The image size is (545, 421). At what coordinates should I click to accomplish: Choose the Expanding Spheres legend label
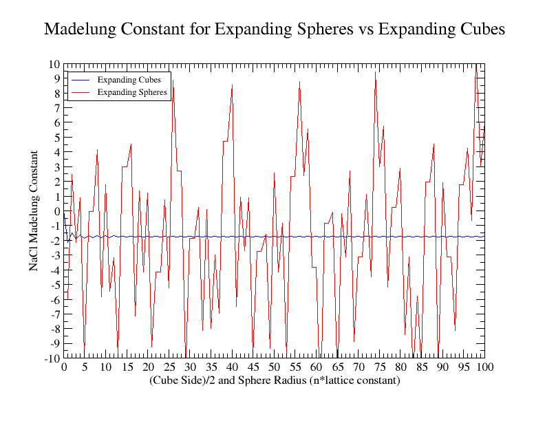pos(132,91)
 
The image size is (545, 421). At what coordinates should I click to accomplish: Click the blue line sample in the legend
pos(81,80)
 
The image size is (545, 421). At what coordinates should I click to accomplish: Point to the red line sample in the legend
pos(81,91)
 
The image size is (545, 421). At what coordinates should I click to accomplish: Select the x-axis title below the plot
pos(274,380)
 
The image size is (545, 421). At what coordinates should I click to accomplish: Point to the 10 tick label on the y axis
pos(54,64)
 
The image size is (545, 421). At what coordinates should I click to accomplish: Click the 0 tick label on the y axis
pos(57,211)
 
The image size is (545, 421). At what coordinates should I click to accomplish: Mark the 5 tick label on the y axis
pos(57,138)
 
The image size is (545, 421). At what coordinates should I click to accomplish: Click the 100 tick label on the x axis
pos(484,367)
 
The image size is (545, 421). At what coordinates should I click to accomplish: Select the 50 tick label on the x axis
pos(275,367)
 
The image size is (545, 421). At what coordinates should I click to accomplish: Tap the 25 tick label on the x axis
pos(169,367)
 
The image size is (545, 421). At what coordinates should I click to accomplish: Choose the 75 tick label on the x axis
pos(379,367)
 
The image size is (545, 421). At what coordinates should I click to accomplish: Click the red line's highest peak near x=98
pos(476,65)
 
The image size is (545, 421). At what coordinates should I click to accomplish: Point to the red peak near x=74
pos(375,72)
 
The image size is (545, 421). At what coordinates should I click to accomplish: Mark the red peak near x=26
pos(173,80)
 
